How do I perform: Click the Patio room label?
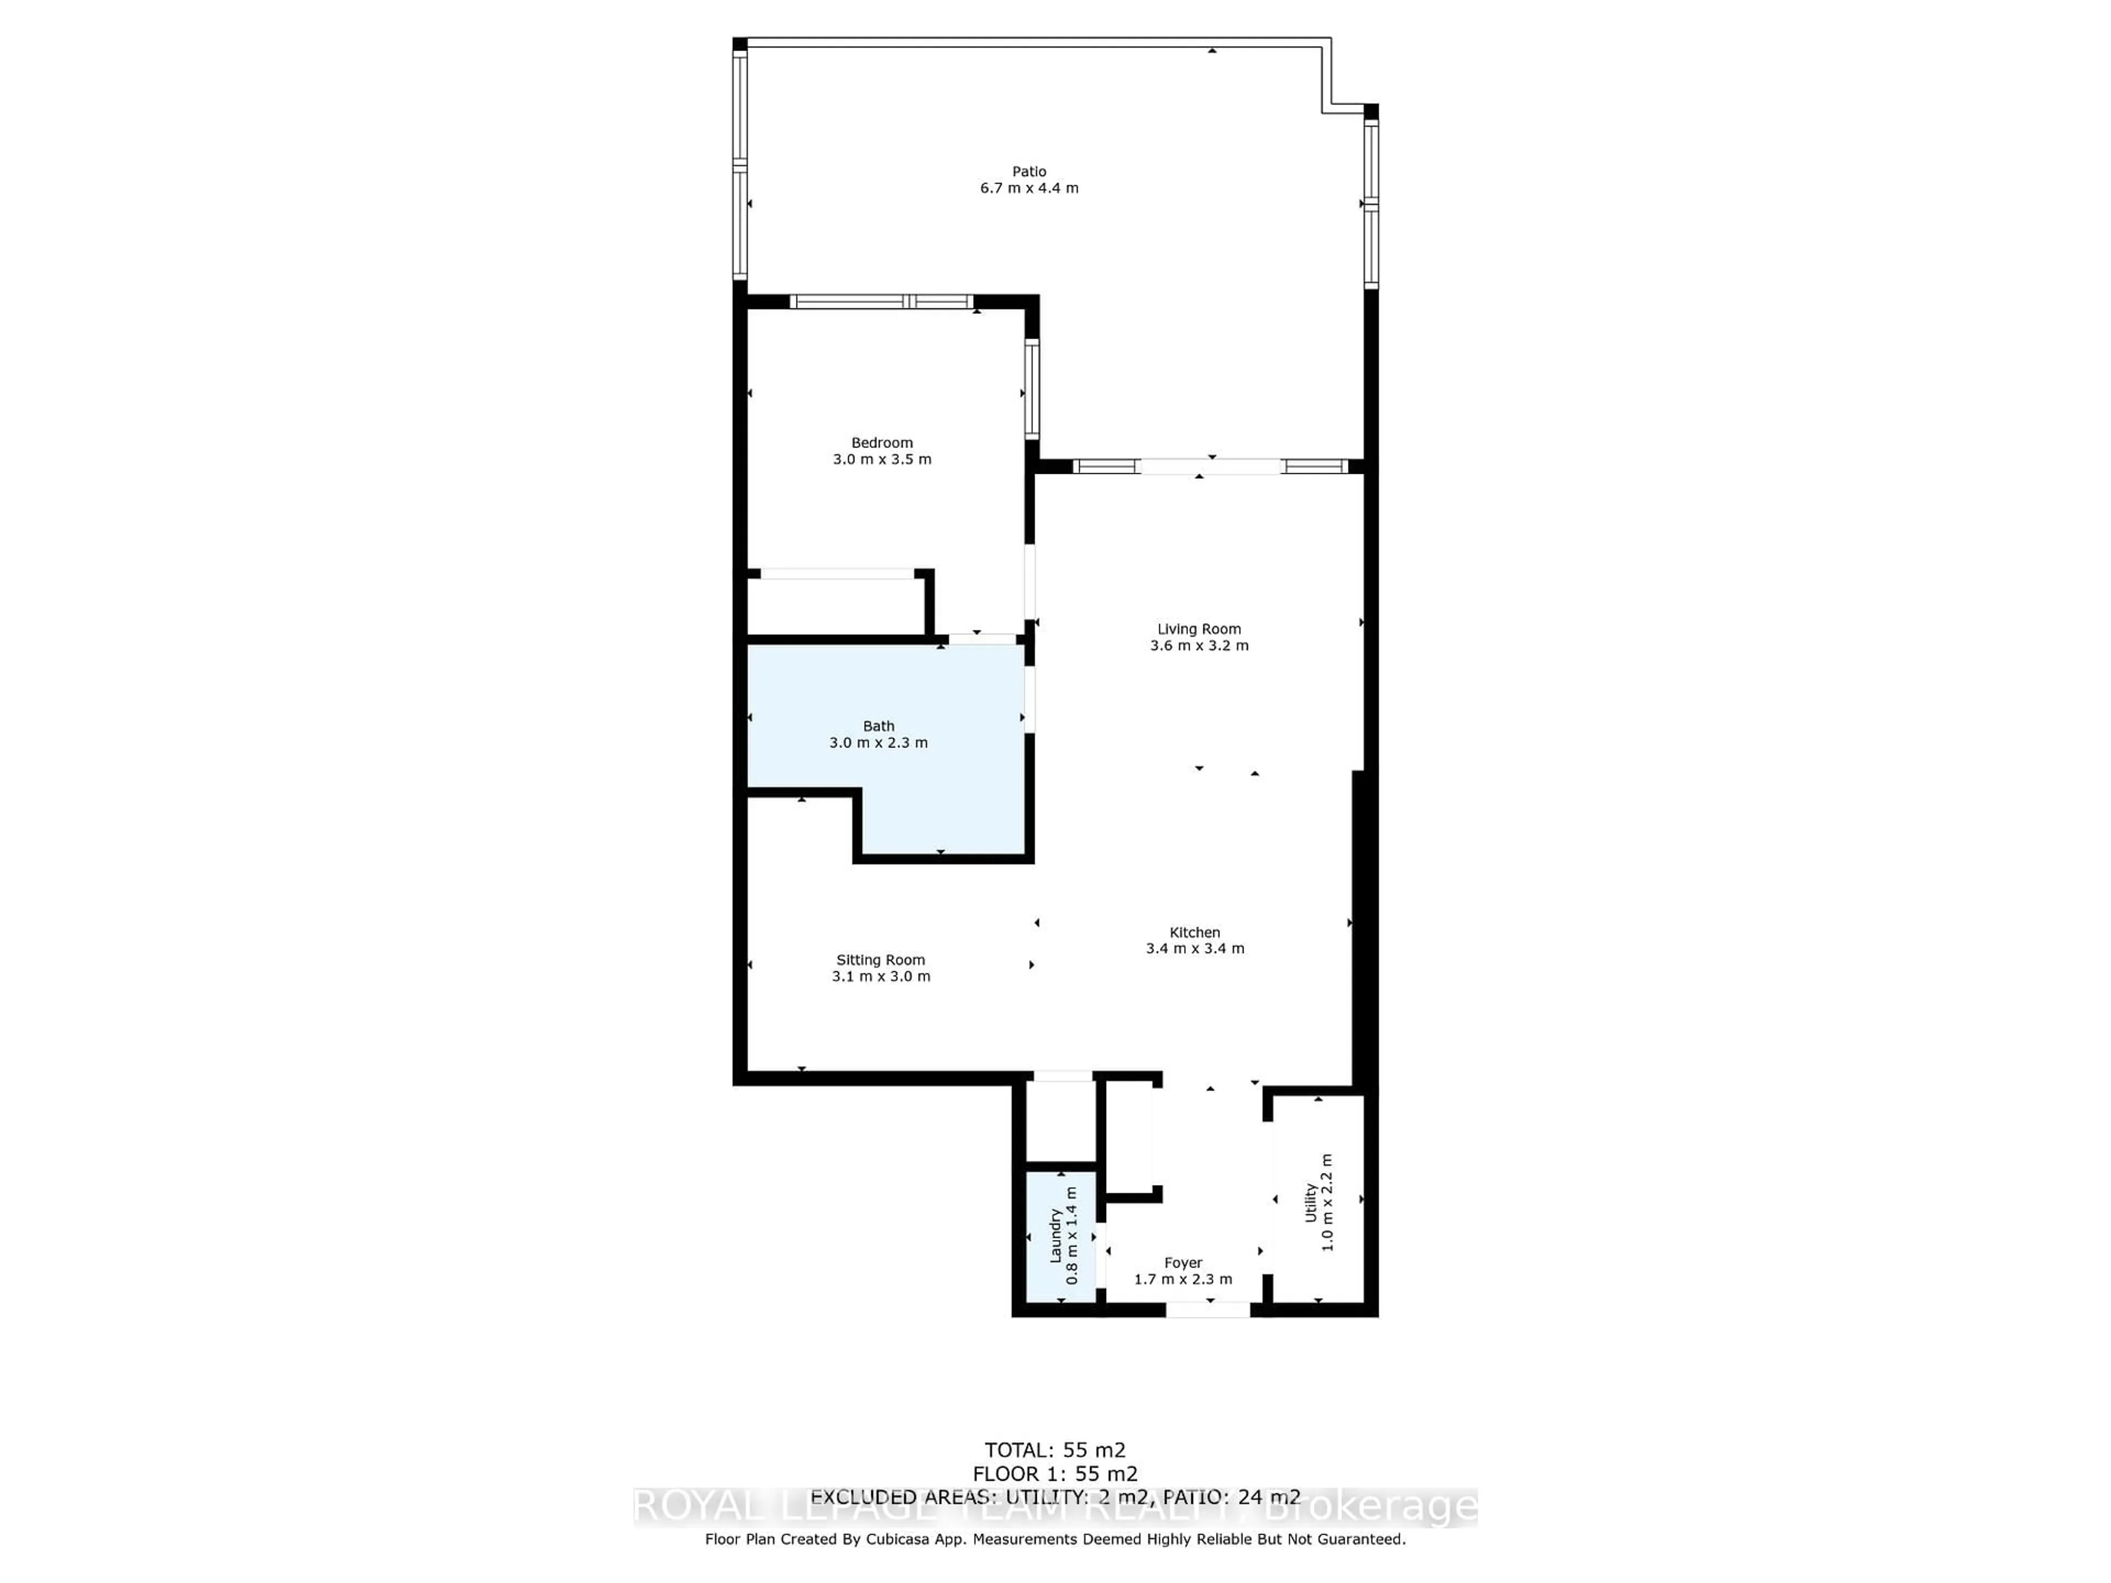[x=1029, y=171]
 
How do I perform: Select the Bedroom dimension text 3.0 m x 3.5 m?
[x=882, y=459]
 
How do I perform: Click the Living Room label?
[x=1198, y=629]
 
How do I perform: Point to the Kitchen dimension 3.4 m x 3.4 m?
[x=1195, y=949]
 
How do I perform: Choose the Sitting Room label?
[x=880, y=960]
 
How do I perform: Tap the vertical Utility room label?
[x=1311, y=1202]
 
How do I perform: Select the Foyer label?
[x=1182, y=1263]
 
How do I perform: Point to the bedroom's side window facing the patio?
[x=1032, y=389]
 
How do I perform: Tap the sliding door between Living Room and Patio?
[x=1210, y=467]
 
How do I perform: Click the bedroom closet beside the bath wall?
[x=835, y=605]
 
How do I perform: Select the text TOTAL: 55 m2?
[x=1054, y=1451]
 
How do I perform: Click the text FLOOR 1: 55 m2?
[x=1054, y=1474]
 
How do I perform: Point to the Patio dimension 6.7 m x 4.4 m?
[x=1029, y=188]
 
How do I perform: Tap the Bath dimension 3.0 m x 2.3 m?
[x=878, y=743]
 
